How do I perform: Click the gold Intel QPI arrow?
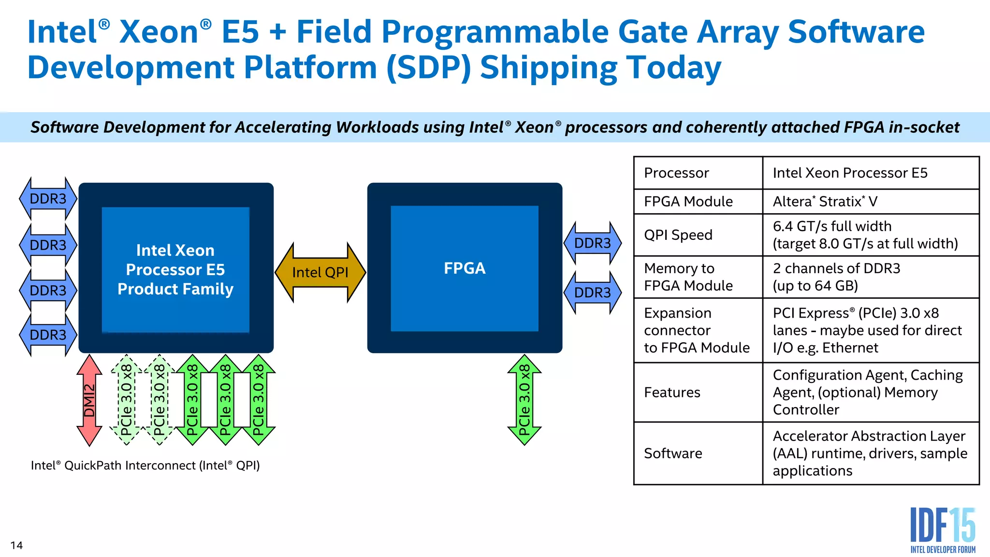click(320, 272)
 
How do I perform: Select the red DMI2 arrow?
click(89, 400)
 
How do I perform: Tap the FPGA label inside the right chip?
click(465, 268)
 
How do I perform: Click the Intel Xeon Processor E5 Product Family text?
click(175, 269)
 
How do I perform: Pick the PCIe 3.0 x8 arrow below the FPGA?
click(524, 400)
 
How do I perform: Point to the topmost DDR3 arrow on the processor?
click(48, 199)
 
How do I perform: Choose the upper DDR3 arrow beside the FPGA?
click(592, 243)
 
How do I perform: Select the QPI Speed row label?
click(678, 235)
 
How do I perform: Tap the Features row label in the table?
click(672, 392)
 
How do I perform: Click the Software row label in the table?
click(673, 453)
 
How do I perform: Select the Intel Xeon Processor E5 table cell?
click(850, 173)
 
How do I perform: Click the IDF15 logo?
click(942, 530)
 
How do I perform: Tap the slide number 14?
click(16, 545)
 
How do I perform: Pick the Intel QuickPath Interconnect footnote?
click(145, 465)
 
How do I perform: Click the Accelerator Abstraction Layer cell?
click(870, 453)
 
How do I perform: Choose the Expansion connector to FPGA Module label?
click(697, 330)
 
